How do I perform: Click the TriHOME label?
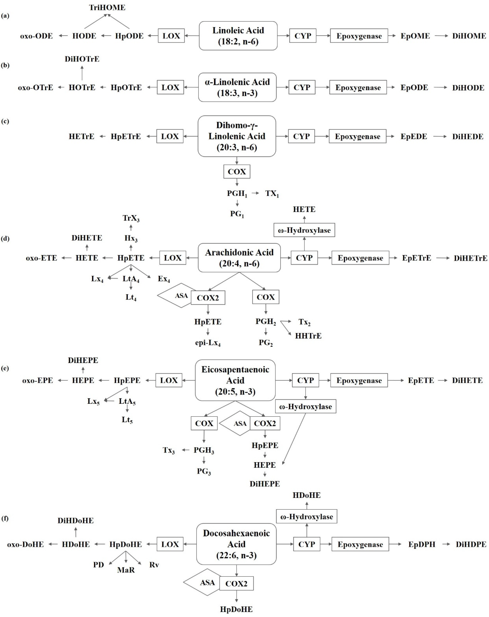tap(107, 7)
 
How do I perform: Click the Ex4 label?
tap(164, 279)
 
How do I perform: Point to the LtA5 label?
tap(127, 401)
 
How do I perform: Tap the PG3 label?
tap(204, 471)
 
